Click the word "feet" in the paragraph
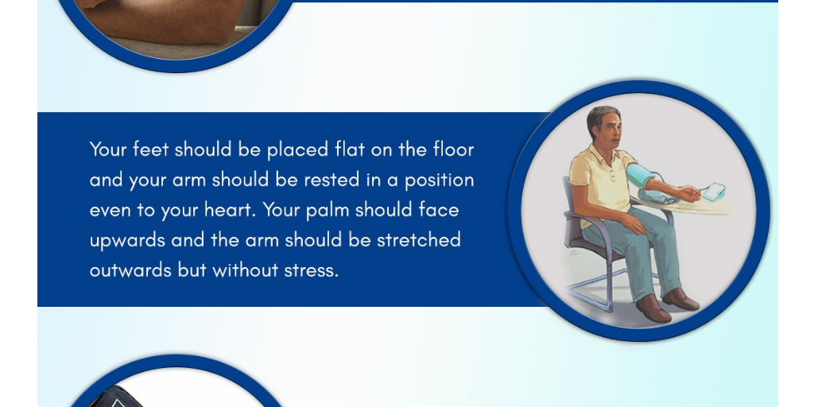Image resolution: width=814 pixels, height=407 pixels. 150,149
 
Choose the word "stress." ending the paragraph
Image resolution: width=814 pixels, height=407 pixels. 312,270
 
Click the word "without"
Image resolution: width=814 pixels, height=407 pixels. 246,270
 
